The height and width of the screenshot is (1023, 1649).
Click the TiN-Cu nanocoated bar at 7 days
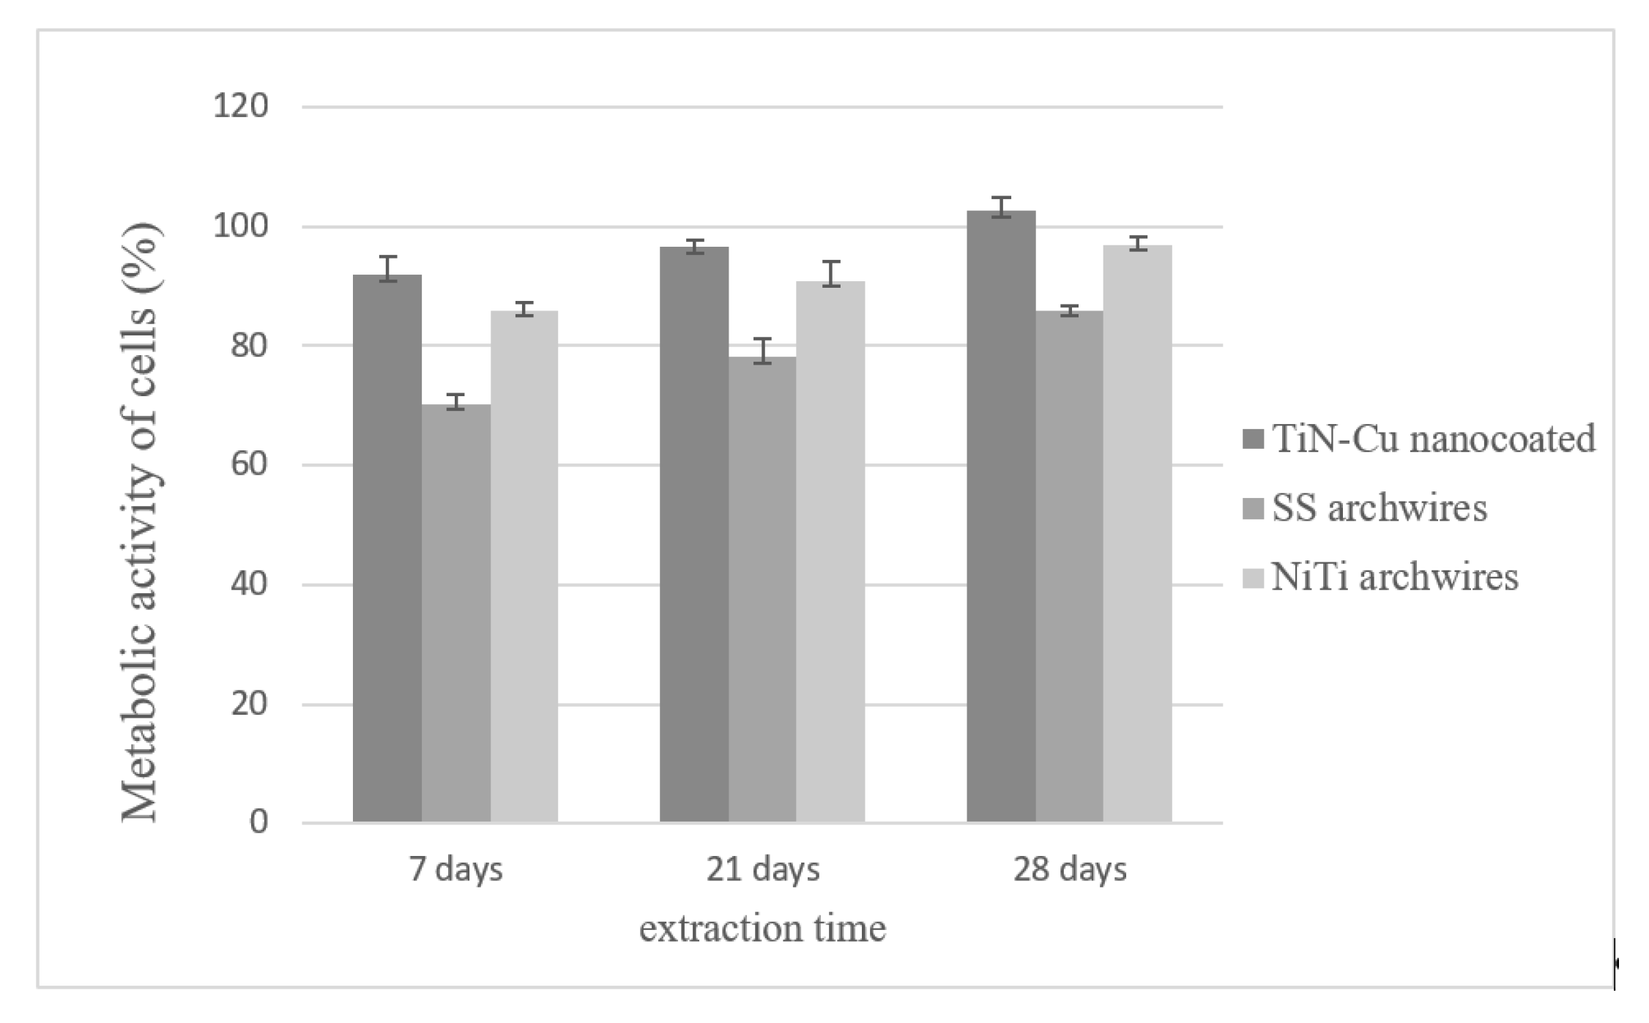(387, 549)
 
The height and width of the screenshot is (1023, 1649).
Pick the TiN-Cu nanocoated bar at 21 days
(693, 535)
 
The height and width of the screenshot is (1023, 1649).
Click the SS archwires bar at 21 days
(762, 589)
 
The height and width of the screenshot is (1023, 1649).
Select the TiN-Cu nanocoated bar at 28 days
(1001, 516)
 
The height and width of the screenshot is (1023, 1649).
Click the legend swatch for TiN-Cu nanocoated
(1254, 439)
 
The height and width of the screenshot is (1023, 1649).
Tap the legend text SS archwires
(1380, 507)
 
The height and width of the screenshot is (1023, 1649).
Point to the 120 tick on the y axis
(240, 107)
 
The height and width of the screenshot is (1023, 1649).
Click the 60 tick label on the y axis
(249, 465)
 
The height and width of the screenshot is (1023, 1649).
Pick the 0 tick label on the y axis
(258, 822)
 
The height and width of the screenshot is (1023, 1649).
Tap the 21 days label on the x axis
(762, 870)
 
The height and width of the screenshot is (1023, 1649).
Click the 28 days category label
(1069, 870)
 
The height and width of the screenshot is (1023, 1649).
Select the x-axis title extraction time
(762, 929)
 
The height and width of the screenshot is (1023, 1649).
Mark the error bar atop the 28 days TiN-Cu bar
(1001, 207)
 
